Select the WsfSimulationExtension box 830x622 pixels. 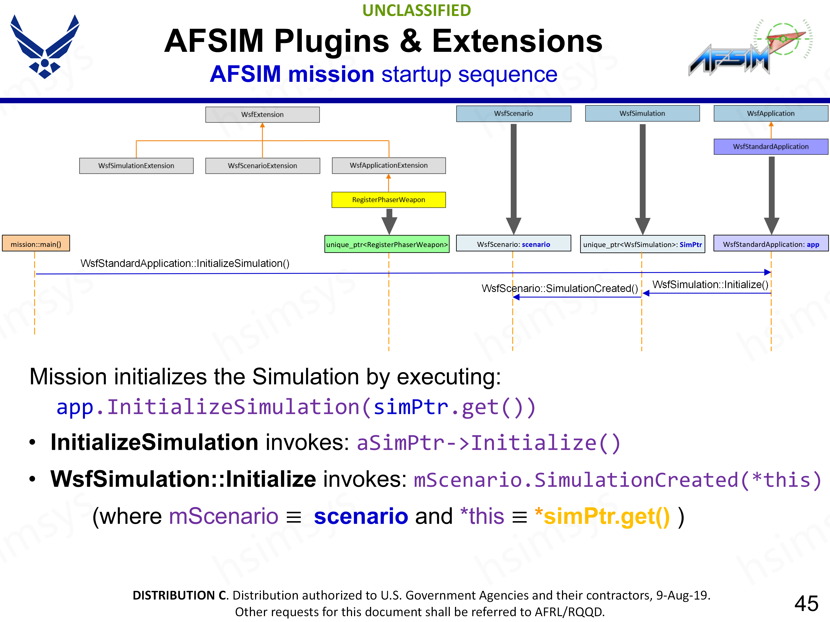(136, 166)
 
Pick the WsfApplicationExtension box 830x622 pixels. (389, 165)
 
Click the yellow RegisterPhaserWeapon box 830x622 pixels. (389, 200)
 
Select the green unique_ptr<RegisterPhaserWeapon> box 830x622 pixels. (387, 244)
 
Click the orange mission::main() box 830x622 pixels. (36, 244)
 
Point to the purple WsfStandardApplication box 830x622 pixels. (771, 147)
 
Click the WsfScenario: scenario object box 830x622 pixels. (513, 244)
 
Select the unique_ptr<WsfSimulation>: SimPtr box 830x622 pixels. (642, 244)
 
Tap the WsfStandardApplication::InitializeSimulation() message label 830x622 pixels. (185, 263)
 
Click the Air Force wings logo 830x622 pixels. (45, 47)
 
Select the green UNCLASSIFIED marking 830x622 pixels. (417, 11)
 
